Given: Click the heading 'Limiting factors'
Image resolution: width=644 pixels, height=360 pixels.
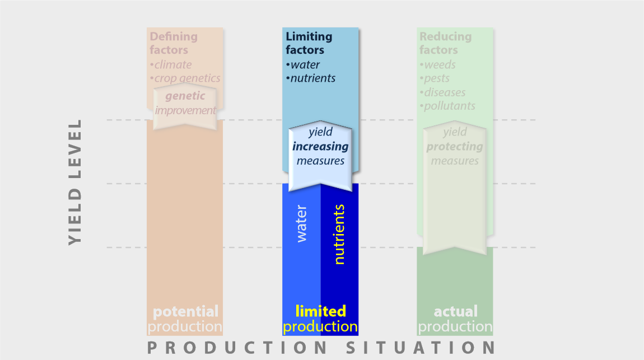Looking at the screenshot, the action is coord(309,43).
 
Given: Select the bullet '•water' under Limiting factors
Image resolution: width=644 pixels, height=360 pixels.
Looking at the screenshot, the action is coord(303,65).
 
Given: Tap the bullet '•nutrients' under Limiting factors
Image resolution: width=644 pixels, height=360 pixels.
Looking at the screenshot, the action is coord(310,78).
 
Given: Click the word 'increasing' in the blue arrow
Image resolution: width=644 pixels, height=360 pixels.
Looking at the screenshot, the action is coord(320,147).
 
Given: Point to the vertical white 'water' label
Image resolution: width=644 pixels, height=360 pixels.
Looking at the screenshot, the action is coord(301,224).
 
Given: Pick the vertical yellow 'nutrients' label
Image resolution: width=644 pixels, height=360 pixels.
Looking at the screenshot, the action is coord(339,235).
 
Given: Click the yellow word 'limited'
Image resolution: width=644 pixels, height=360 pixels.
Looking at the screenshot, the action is coord(321,311).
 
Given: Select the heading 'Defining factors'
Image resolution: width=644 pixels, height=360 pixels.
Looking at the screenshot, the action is coord(174,43).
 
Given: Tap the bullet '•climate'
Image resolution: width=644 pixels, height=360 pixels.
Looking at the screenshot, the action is coord(170,65).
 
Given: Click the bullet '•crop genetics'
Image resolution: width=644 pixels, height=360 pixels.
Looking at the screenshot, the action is coord(185,78).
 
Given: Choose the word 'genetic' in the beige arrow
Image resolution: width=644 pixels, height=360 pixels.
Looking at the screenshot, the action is coord(185,96).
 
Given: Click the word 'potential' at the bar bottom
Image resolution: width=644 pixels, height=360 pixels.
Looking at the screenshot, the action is coord(186,311).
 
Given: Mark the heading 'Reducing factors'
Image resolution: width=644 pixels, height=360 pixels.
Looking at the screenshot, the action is coord(445,43).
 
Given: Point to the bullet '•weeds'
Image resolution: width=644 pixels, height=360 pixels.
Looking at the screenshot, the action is coord(437,65).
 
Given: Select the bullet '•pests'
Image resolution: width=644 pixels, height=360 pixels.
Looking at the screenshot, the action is coord(435,78).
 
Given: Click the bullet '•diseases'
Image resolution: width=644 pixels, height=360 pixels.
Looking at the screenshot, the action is coord(442,92).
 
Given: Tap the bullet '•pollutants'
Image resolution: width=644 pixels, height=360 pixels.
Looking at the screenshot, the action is coord(447,106).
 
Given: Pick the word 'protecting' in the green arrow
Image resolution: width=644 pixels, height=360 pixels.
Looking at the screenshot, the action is coord(455,147).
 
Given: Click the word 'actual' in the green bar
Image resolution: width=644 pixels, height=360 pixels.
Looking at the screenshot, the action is coord(455,311).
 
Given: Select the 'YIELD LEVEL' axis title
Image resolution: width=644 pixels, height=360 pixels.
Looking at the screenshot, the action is coord(75,183).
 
